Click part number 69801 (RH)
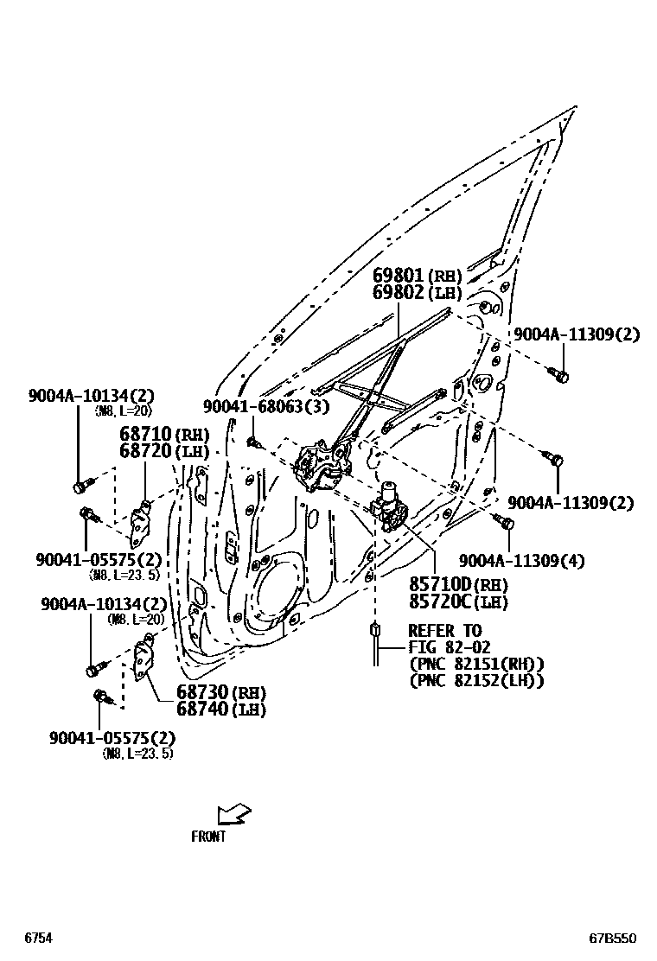pyautogui.click(x=417, y=276)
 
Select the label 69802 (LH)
pyautogui.click(x=417, y=293)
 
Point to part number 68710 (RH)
pyautogui.click(x=160, y=435)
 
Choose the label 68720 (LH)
pyautogui.click(x=160, y=451)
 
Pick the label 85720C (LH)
pyautogui.click(x=459, y=603)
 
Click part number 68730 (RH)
pyautogui.click(x=221, y=692)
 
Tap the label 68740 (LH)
pyautogui.click(x=221, y=710)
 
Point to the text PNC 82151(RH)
pyautogui.click(x=475, y=664)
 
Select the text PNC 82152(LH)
pyautogui.click(x=475, y=681)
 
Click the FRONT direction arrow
pyautogui.click(x=233, y=814)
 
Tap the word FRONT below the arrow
pyautogui.click(x=208, y=837)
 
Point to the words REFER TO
pyautogui.click(x=444, y=630)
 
